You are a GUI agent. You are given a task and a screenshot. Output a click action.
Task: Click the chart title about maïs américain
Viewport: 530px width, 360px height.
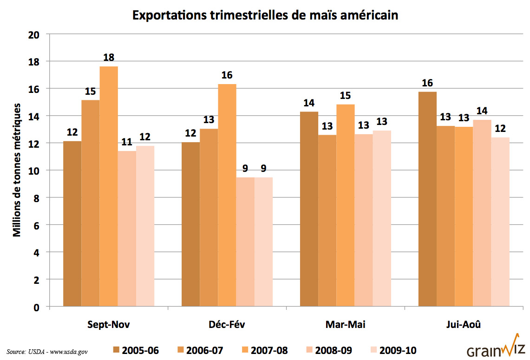pos(265,15)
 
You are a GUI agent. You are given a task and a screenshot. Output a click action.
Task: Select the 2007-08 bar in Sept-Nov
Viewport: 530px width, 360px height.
pos(109,186)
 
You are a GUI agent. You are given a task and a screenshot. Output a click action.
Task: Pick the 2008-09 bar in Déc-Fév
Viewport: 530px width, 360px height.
pos(245,242)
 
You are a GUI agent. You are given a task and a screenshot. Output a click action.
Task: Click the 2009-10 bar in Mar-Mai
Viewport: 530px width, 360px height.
pos(382,218)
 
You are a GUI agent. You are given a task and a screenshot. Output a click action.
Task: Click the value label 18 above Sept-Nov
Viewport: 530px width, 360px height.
pos(109,58)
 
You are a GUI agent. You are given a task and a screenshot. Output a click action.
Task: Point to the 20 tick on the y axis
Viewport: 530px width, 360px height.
pos(33,34)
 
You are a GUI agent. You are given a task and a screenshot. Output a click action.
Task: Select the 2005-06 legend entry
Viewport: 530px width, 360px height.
pos(135,350)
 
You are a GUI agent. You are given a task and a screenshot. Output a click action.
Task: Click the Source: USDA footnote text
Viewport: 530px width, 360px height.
pos(47,351)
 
